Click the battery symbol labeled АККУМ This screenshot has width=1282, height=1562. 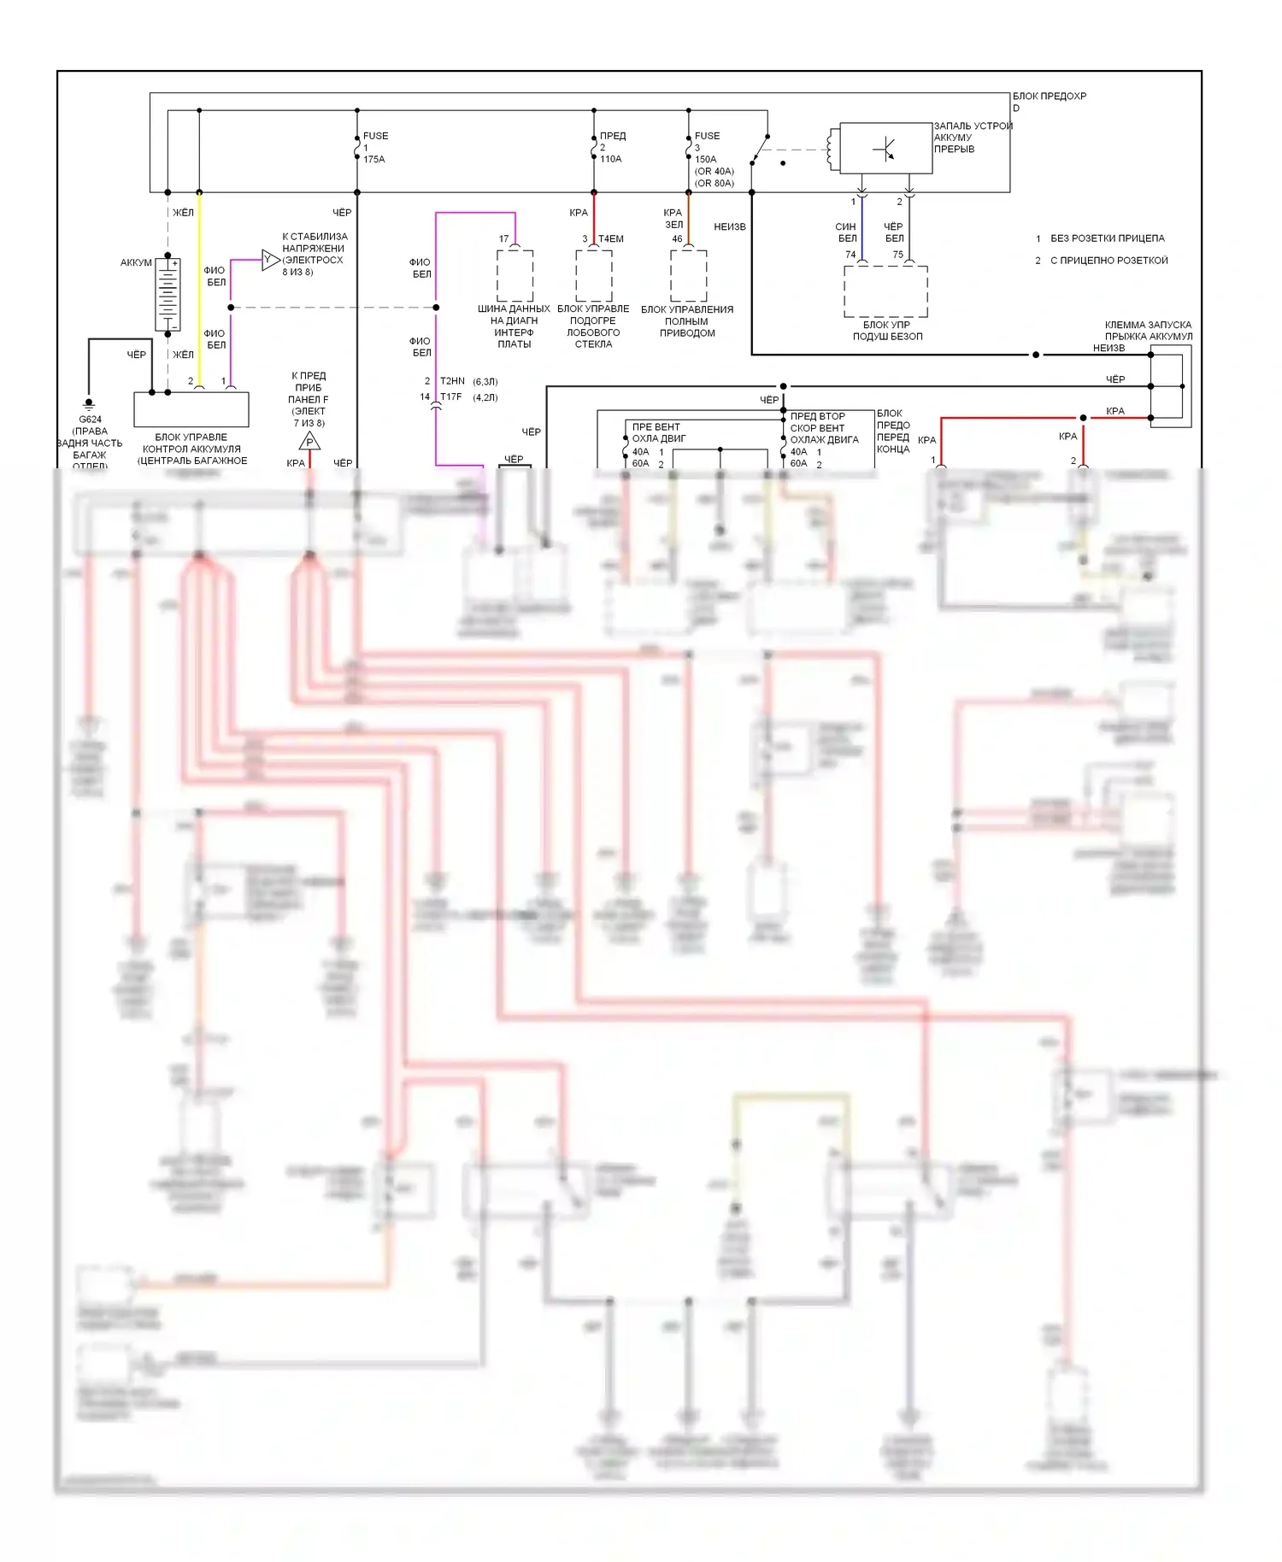tap(168, 294)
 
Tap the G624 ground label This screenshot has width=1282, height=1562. tap(90, 420)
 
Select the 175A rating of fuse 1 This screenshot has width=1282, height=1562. tap(374, 160)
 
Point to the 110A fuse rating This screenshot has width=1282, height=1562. tap(610, 159)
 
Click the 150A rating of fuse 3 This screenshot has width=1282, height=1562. tap(706, 159)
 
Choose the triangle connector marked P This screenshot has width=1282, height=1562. tap(309, 442)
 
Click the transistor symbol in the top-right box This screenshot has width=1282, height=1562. tap(885, 150)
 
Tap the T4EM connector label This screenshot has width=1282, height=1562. tap(610, 239)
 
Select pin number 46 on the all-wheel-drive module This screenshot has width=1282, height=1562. tap(677, 239)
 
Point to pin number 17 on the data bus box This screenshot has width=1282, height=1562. tap(503, 239)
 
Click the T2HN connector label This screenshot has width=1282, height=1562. tap(452, 381)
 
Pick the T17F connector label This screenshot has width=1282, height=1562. tap(450, 397)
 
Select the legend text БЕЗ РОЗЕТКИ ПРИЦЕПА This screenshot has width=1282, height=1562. tap(1107, 238)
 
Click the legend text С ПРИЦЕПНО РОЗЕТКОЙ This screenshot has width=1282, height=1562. tap(1109, 261)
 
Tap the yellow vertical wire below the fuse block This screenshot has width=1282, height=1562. tap(199, 291)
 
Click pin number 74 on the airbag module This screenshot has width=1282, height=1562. tap(850, 255)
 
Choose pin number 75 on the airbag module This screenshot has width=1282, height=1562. tap(897, 255)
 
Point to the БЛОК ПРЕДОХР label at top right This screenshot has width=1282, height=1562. tap(1049, 97)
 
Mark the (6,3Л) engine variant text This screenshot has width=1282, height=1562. tap(485, 381)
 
